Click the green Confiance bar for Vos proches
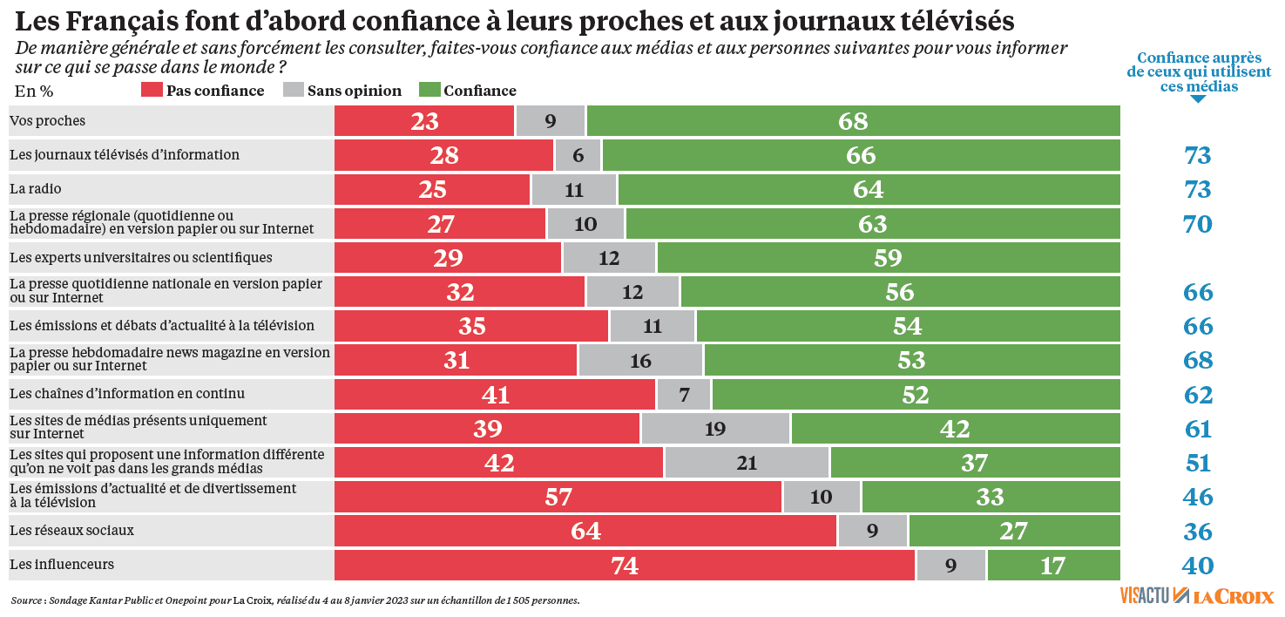[854, 121]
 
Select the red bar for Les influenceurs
[625, 566]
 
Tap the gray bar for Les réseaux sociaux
[872, 531]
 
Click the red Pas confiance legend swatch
[152, 91]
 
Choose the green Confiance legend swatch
[429, 91]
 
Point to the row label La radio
[36, 189]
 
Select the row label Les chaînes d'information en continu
[127, 394]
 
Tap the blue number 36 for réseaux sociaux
[1198, 532]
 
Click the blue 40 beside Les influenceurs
[1198, 566]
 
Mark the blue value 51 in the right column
[1198, 463]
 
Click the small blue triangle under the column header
[1199, 98]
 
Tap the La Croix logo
[1233, 597]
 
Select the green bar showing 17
[1053, 566]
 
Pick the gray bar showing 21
[747, 463]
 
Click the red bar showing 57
[558, 497]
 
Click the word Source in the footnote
[27, 600]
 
